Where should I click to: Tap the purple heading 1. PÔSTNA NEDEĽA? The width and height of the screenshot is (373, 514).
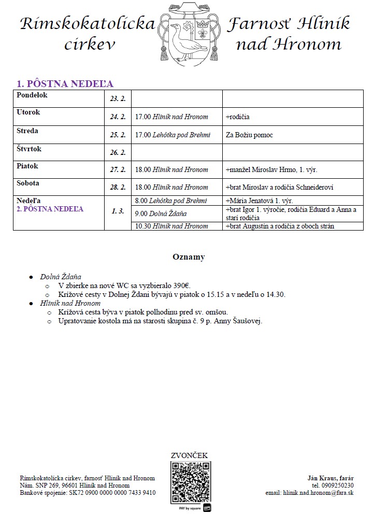point(65,84)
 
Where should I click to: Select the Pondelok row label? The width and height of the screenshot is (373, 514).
point(32,95)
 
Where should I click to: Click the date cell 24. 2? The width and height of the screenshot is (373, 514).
point(118,117)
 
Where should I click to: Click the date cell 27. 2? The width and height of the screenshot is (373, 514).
point(118,169)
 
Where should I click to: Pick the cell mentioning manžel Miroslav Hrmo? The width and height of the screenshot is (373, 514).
point(272,169)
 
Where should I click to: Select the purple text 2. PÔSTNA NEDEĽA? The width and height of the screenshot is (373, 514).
point(50,209)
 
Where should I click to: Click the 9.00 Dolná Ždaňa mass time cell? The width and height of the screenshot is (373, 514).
point(161,213)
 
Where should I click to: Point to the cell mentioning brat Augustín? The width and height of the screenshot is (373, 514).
point(280,226)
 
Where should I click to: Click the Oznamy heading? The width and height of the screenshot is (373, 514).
point(189,257)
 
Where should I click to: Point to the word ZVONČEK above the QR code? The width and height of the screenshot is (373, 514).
point(189,455)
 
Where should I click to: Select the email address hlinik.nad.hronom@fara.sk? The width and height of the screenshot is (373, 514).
point(318,493)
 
